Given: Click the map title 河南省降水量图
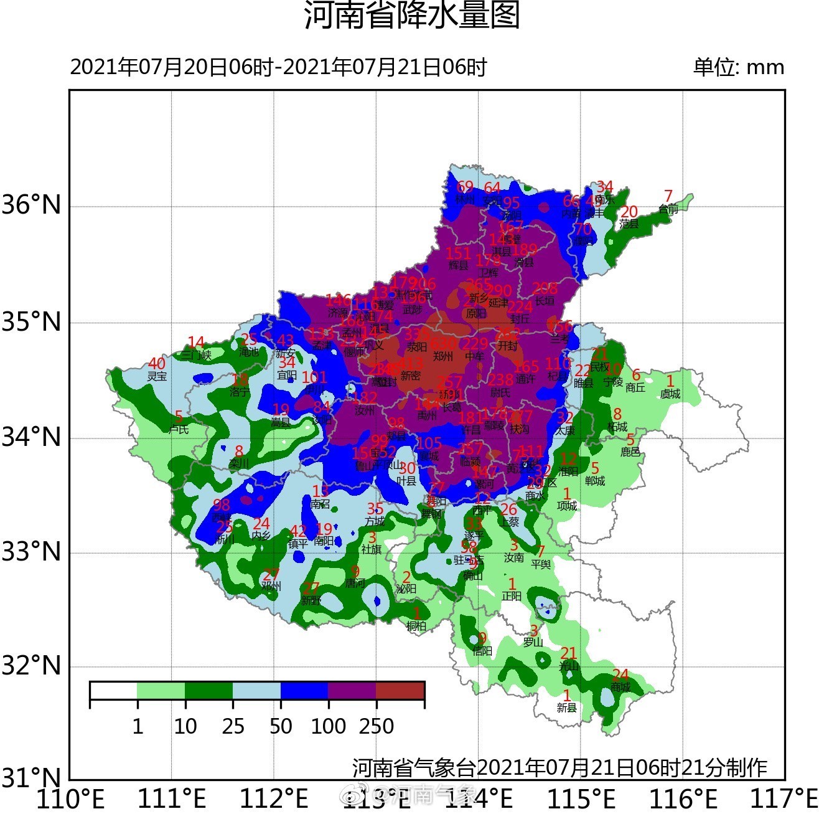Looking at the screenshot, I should coord(411,15).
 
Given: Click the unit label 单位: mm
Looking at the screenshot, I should coord(739,67).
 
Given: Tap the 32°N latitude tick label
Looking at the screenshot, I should coord(32,666).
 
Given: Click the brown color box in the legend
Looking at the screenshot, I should coord(400,691).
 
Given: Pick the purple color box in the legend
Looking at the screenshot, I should coord(352,691).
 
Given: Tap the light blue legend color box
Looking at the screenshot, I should coord(256,691).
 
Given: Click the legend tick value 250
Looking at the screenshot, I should coord(377,726).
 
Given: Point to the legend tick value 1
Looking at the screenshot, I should coord(138,726).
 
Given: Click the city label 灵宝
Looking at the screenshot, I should coord(157,376).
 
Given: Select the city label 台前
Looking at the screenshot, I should coord(668,209).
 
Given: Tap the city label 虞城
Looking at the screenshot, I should coord(670,394).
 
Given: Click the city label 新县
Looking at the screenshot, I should coord(566,708).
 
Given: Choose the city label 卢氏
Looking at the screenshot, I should coord(179,428).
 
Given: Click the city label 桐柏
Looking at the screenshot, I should coord(416,626).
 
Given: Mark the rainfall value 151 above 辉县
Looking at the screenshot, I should coord(458,253).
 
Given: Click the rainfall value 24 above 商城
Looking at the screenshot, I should coord(620,675).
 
